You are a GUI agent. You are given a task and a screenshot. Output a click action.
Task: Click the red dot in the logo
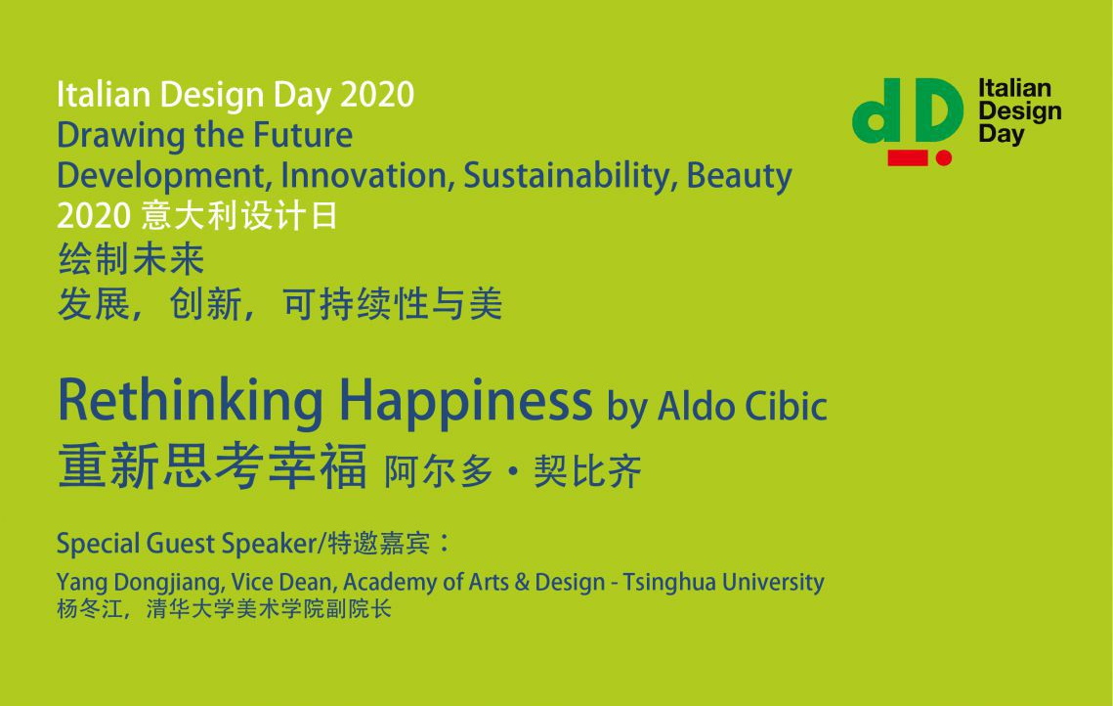(943, 157)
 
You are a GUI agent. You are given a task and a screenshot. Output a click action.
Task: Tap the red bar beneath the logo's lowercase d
(907, 157)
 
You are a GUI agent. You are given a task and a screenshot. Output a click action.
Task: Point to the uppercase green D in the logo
(935, 110)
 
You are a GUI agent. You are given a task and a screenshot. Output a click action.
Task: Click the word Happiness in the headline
(466, 402)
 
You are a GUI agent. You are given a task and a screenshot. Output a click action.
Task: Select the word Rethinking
(191, 402)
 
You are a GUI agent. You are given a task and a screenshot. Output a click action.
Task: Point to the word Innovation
(367, 175)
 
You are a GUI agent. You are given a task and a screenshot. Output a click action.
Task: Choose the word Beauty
(739, 176)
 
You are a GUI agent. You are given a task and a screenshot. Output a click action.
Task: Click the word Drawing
(120, 136)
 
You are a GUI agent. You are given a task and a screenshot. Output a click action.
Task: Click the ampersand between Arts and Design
(522, 583)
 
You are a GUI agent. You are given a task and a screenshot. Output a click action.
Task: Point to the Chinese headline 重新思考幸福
(212, 466)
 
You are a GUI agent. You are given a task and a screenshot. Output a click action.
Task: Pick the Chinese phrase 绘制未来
(131, 259)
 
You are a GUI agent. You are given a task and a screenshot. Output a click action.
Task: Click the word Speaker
(270, 544)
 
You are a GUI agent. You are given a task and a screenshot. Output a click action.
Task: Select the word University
(773, 583)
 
